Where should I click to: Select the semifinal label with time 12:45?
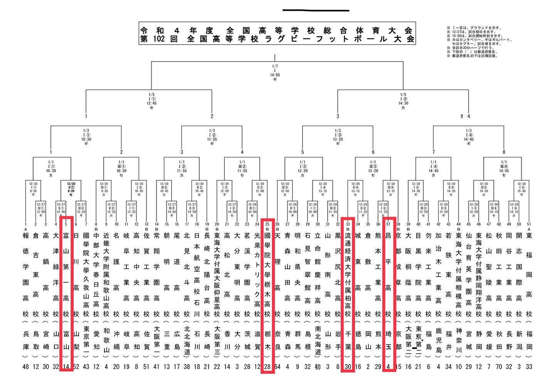pyautogui.click(x=151, y=101)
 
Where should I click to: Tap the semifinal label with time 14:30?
pyautogui.click(x=403, y=101)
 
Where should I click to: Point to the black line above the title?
pyautogui.click(x=316, y=10)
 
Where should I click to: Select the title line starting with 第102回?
pyautogui.click(x=276, y=39)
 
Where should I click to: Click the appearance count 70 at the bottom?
pyautogui.click(x=499, y=367)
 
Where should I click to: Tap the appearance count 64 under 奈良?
pyautogui.click(x=277, y=367)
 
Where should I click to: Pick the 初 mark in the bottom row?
pyautogui.click(x=318, y=367)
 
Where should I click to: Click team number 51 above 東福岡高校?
pyautogui.click(x=529, y=224)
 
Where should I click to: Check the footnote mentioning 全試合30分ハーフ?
pyautogui.click(x=468, y=49)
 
